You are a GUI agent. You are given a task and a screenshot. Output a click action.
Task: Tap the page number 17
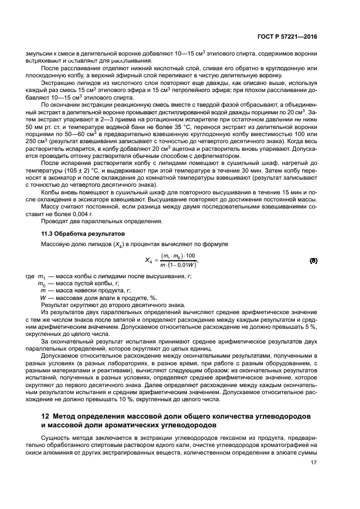[313, 463]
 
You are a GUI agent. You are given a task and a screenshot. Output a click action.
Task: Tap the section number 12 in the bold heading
[46, 416]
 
